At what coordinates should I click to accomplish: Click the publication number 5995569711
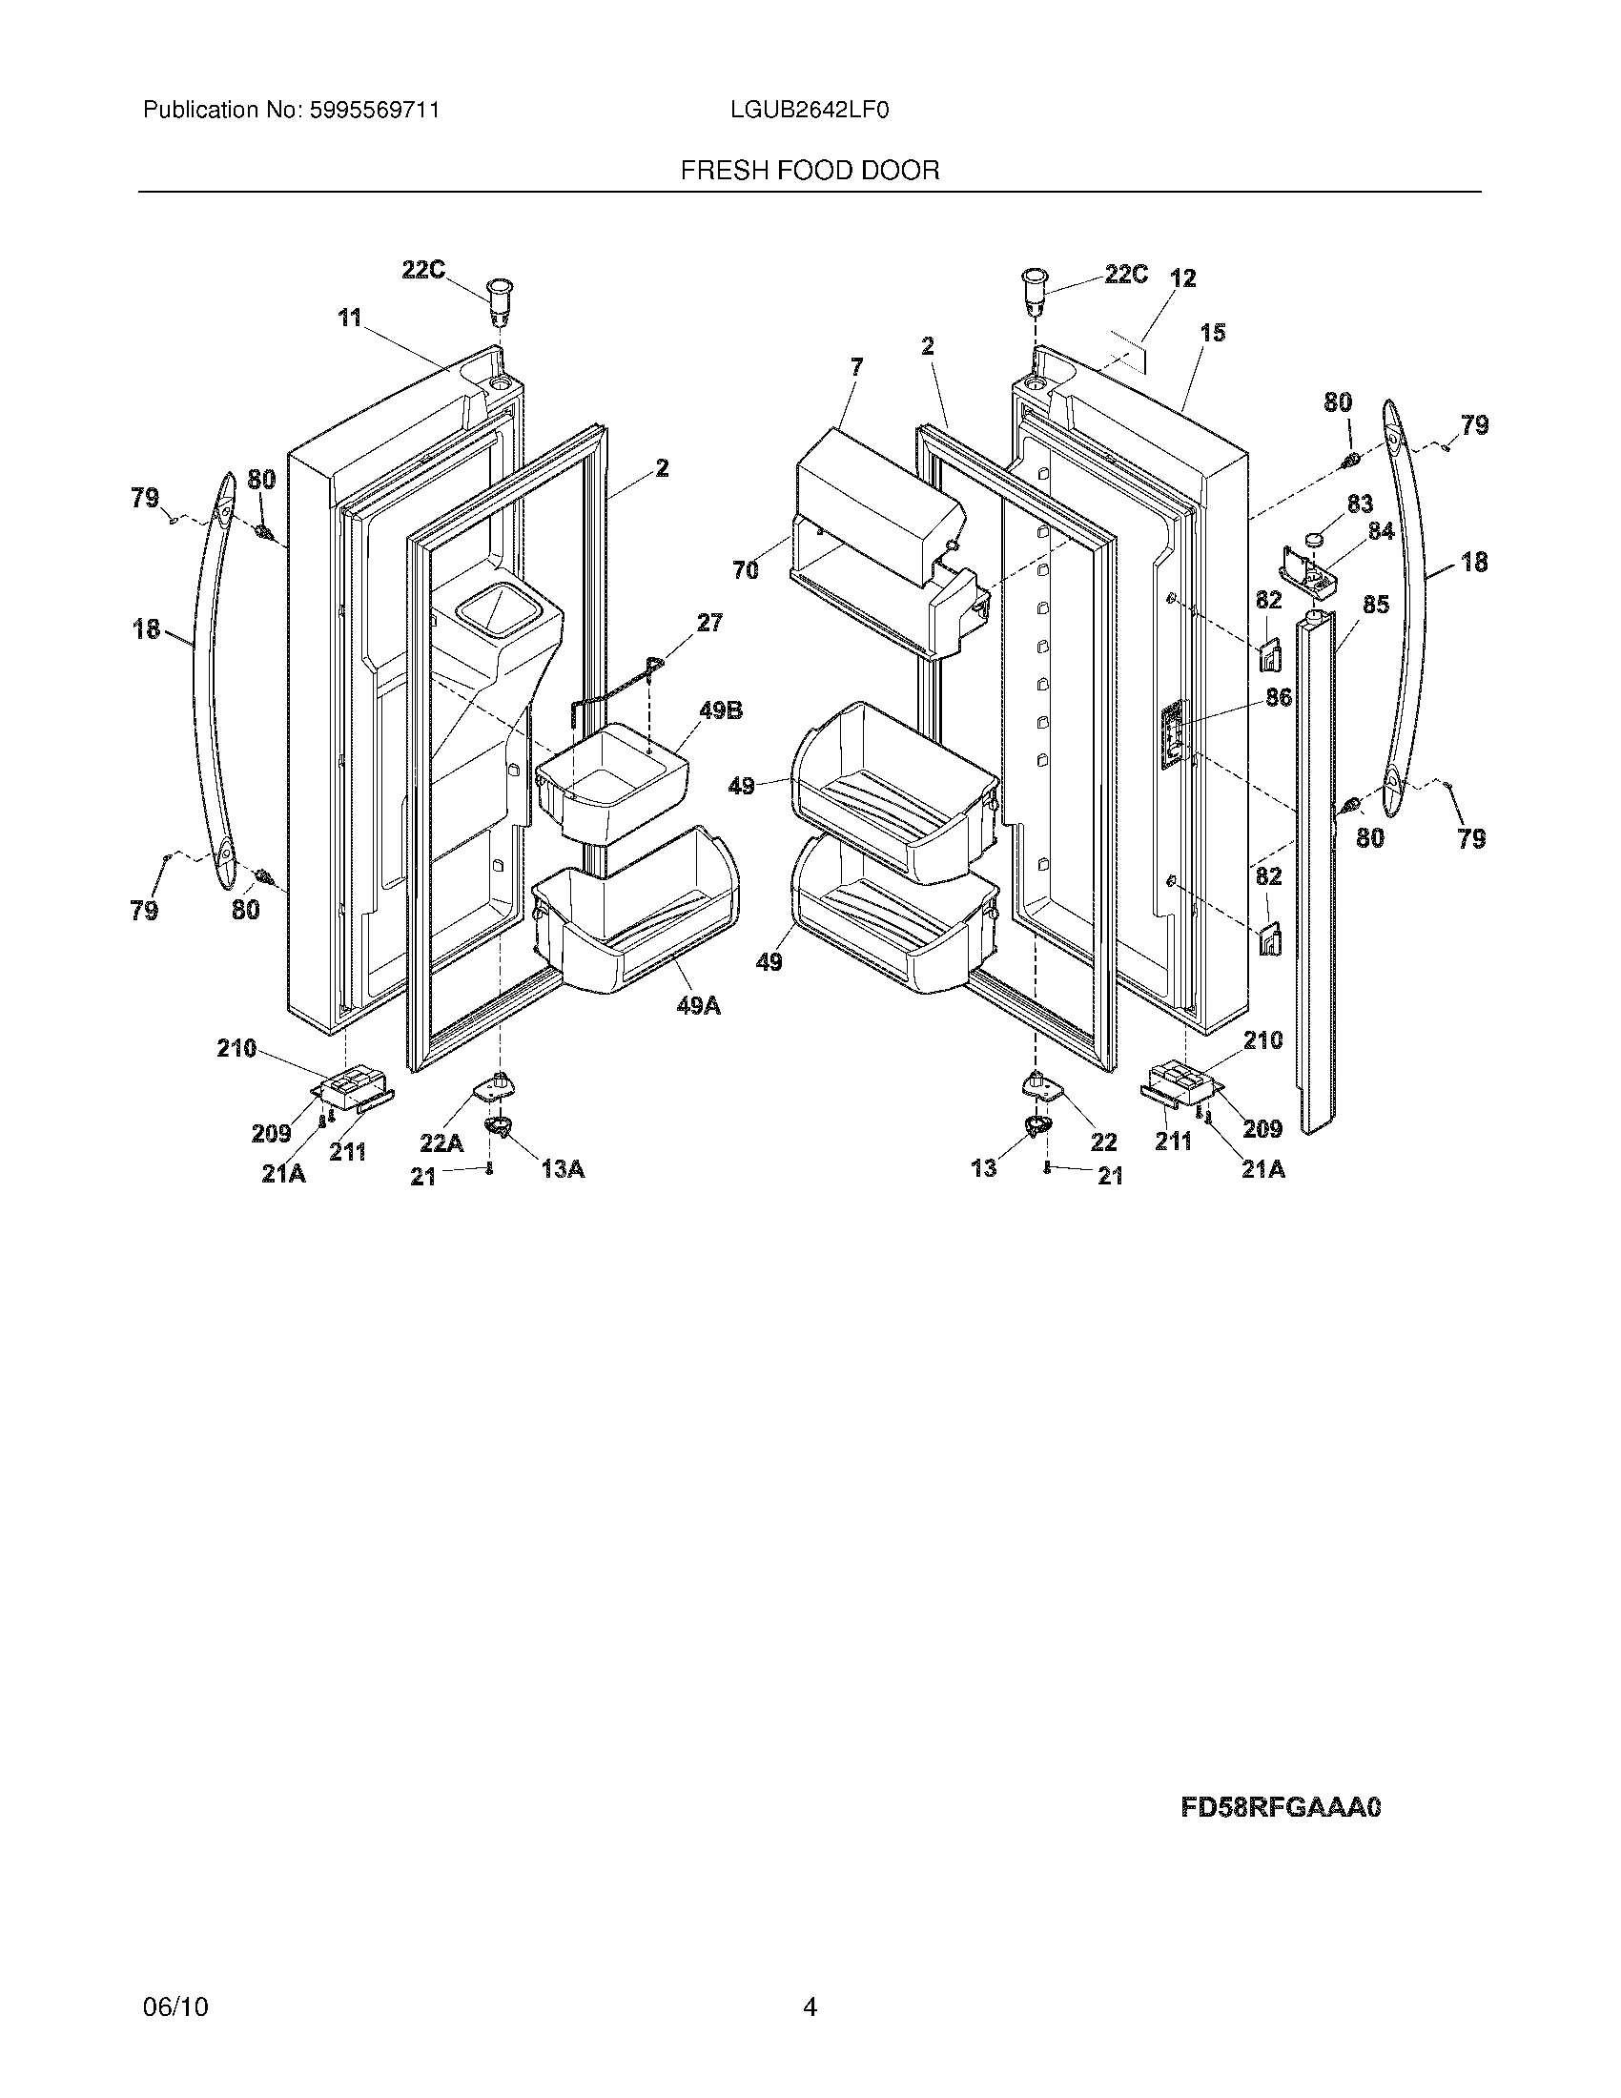374,111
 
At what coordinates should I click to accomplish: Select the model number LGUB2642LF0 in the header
809,111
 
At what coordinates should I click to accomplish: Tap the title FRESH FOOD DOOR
810,171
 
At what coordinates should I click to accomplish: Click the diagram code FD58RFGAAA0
1280,1808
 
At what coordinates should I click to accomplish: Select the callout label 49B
720,711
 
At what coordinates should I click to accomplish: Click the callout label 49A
698,1006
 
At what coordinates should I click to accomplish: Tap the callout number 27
709,623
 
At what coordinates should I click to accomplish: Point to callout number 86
1278,698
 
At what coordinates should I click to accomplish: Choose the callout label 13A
563,1169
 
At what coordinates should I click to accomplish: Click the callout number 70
746,570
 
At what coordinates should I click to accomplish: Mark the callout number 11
350,317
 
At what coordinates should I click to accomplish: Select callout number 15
1213,334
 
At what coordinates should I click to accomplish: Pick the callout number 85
1376,606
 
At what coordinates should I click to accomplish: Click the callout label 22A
441,1143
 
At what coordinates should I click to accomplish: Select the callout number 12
1183,278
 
